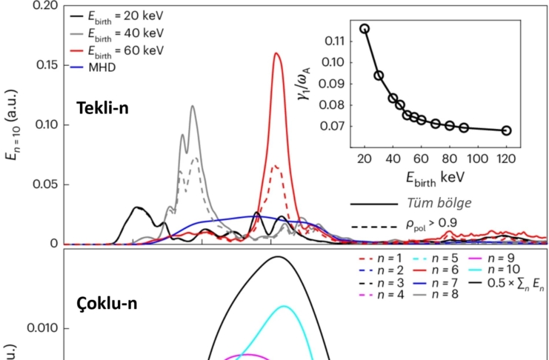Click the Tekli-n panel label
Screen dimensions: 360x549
[x=103, y=108]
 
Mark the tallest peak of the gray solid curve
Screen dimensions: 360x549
[x=193, y=106]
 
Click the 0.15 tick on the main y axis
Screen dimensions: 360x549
[x=47, y=65]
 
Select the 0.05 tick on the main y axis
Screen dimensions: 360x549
[x=47, y=184]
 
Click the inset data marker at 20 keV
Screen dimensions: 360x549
[x=365, y=29]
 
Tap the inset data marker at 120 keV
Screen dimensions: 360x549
[x=506, y=130]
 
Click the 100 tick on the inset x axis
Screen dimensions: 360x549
[x=477, y=158]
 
